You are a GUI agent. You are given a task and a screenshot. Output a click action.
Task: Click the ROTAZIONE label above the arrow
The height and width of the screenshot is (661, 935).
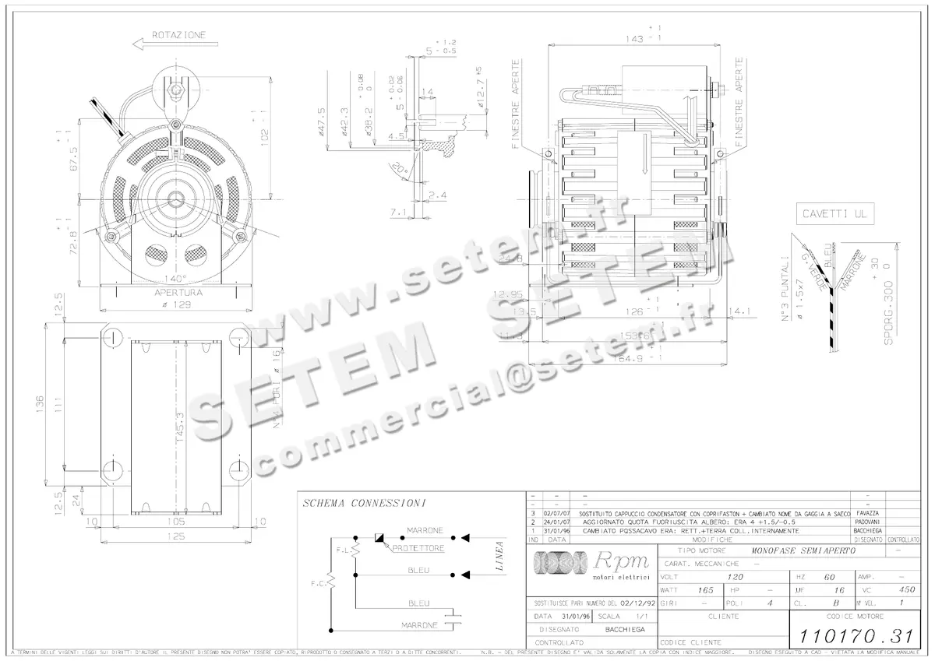coord(179,35)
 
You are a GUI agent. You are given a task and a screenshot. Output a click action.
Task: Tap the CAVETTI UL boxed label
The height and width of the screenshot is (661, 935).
coord(827,213)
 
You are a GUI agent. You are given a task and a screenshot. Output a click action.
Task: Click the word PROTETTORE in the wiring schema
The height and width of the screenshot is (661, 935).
coord(418,549)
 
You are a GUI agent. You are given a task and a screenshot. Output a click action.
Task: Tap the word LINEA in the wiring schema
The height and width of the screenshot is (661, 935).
coord(499,557)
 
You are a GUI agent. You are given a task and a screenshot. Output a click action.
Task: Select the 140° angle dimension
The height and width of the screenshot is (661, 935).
coord(175,279)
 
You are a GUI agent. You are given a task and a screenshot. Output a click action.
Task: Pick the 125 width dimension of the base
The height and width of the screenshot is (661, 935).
coord(178,536)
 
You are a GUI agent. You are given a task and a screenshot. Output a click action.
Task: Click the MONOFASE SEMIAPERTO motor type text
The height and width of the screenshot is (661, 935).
coord(803,550)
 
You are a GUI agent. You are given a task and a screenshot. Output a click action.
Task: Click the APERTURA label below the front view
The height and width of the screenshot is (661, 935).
coord(178,293)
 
